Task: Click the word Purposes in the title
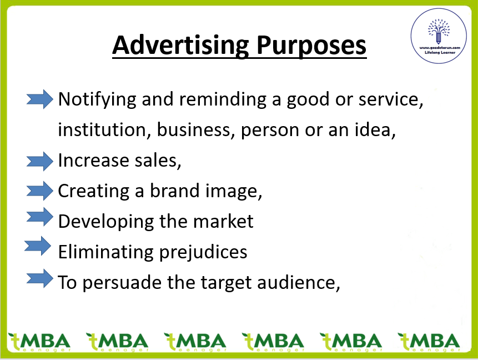(311, 46)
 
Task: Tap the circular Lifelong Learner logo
(439, 36)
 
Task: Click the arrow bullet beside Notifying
(39, 99)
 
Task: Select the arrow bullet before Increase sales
(39, 161)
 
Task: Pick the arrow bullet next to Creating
(39, 191)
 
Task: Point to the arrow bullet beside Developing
(39, 217)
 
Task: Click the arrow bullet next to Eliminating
(38, 246)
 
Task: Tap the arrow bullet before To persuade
(39, 278)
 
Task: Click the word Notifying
(97, 100)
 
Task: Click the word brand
(175, 191)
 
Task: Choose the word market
(223, 221)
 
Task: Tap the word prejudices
(203, 253)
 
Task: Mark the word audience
(299, 283)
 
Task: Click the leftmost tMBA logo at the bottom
(39, 342)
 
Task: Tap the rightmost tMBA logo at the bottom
(429, 342)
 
